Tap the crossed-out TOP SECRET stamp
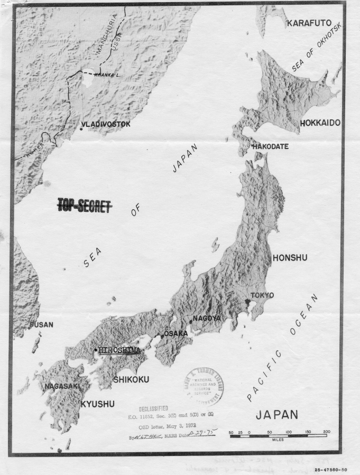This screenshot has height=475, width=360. (85, 206)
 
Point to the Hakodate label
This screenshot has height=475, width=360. (270, 146)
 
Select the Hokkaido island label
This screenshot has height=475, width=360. (320, 123)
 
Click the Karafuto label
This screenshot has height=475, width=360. (309, 23)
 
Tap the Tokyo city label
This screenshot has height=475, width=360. (262, 295)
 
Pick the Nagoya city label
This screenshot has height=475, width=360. (206, 318)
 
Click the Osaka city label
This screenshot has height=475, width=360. (176, 333)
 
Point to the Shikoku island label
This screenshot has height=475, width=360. (131, 379)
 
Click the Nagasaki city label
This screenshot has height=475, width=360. (62, 387)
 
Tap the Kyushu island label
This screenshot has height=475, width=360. (97, 404)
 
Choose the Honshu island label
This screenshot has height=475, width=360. (290, 258)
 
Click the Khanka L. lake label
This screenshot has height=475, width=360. (107, 75)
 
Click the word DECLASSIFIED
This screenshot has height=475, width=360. (153, 408)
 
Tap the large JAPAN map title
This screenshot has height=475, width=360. (276, 415)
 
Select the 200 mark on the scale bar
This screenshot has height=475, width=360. (326, 432)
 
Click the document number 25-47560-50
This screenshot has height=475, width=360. (330, 469)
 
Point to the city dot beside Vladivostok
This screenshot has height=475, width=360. (81, 128)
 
